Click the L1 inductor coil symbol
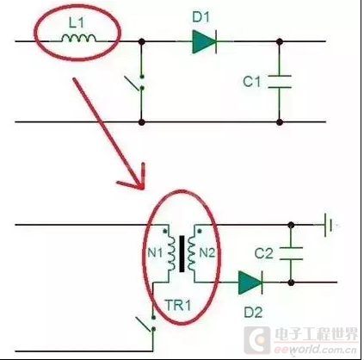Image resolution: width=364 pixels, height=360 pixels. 78,38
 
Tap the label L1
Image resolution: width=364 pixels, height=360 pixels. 77,22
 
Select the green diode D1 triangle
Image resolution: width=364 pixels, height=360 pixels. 204,41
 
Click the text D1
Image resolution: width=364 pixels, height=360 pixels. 201,17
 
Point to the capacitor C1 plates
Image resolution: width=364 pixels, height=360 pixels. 280,82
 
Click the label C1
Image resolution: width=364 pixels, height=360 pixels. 252,82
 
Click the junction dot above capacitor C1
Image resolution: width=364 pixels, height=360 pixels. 280,41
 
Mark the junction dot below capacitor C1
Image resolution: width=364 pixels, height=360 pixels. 280,122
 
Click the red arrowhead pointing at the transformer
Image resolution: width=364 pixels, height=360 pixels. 137,179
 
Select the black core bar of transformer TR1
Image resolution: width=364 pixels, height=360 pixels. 182,254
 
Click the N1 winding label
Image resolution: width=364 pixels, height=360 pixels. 155,253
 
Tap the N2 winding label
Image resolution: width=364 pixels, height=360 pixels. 207,253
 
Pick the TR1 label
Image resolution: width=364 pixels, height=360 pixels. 178,305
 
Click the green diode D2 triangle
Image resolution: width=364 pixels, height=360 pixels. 250,282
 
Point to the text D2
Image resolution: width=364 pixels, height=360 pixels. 253,313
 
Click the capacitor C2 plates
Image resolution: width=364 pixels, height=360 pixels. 291,253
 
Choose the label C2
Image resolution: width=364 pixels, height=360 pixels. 263,253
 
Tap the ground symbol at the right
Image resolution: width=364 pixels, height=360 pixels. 328,225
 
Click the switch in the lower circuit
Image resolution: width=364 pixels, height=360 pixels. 147,324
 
